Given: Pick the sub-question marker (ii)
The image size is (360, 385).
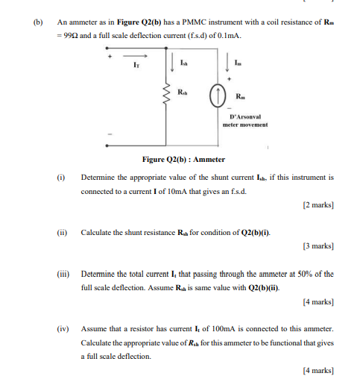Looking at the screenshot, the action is point(62,232).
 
